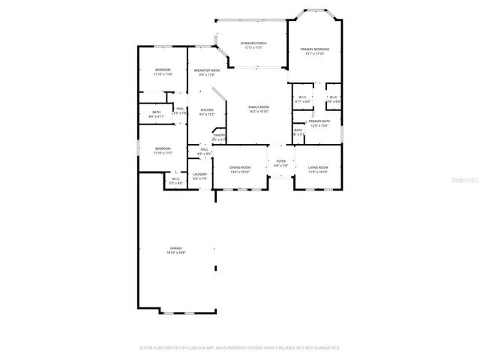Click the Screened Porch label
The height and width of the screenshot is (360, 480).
click(x=253, y=43)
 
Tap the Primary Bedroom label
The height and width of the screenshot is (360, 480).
click(x=315, y=49)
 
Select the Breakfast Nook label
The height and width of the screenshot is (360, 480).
click(x=206, y=70)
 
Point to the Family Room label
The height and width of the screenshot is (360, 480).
click(x=259, y=107)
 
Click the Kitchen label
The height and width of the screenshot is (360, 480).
click(x=207, y=111)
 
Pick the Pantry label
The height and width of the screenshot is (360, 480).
click(x=219, y=135)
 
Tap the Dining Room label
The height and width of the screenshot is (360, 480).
click(x=240, y=167)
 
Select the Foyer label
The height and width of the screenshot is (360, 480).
click(x=281, y=160)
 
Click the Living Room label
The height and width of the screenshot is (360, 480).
click(x=318, y=167)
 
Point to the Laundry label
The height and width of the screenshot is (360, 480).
click(x=199, y=174)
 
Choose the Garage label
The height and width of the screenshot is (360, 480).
click(x=175, y=248)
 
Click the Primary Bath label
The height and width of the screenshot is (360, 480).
click(x=319, y=121)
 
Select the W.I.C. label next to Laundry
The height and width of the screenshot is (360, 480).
click(x=175, y=178)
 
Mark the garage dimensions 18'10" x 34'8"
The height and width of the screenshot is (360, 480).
click(x=175, y=253)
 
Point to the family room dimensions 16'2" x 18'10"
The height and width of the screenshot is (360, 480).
click(x=259, y=112)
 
